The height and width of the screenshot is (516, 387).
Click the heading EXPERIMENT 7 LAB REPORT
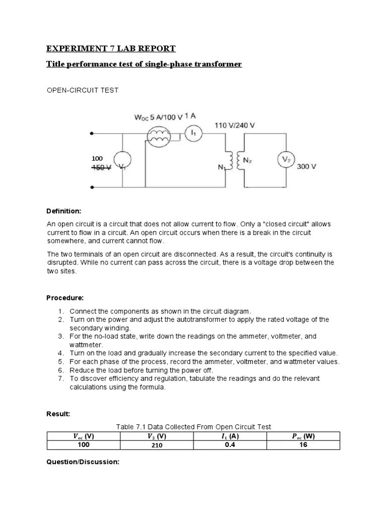click(x=111, y=49)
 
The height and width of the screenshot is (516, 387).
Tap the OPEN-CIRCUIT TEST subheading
click(x=83, y=90)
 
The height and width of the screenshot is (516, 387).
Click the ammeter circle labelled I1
click(x=194, y=133)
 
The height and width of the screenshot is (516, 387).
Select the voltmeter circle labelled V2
click(x=286, y=159)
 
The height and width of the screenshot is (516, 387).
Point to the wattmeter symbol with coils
click(x=160, y=137)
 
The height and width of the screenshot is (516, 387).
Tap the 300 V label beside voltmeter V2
click(x=306, y=167)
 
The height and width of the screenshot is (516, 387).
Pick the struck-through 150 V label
click(x=101, y=168)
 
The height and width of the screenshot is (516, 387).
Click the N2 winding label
click(x=247, y=160)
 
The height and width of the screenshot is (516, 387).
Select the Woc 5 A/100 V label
click(x=158, y=118)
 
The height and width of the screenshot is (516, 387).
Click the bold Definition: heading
click(x=64, y=211)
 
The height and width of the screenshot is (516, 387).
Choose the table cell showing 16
click(x=303, y=445)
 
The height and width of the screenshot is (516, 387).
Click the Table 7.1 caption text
click(x=193, y=427)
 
